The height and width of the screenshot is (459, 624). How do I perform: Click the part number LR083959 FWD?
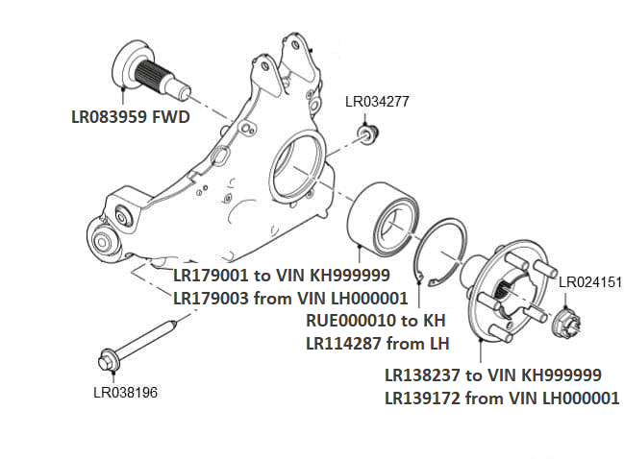click(x=129, y=118)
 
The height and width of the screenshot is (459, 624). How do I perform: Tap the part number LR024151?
click(x=590, y=282)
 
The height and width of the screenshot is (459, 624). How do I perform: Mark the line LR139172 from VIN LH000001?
click(x=501, y=398)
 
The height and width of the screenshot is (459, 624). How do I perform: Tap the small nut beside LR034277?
click(x=366, y=132)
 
